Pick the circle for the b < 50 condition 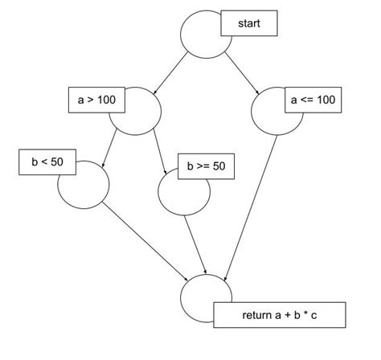click(x=83, y=184)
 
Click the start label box click(x=249, y=23)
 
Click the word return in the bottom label click(x=258, y=314)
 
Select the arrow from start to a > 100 click(x=170, y=74)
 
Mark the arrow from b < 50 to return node click(x=145, y=240)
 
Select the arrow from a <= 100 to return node click(x=252, y=209)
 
